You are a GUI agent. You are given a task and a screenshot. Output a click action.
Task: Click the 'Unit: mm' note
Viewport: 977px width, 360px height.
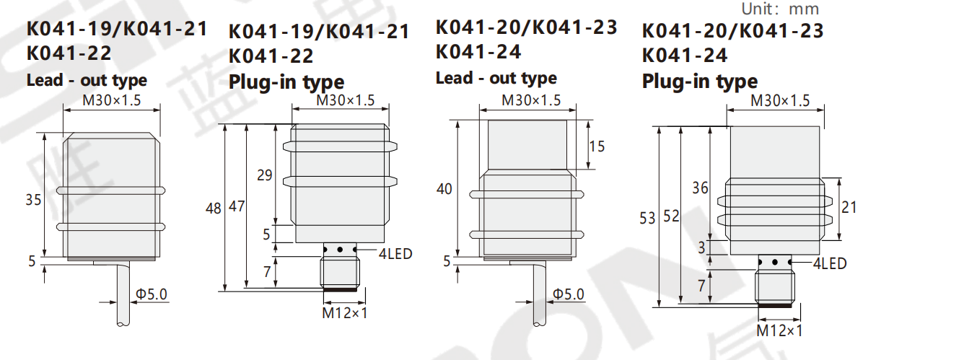(x=780, y=9)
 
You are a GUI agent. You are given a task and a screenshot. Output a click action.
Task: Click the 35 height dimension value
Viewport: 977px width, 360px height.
(x=33, y=200)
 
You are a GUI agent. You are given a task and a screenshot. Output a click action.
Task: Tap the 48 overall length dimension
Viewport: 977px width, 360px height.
(x=214, y=208)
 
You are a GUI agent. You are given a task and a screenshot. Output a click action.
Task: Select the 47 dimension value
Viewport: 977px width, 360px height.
(x=237, y=206)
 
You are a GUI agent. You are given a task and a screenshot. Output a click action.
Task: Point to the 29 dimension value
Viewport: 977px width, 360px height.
(x=264, y=175)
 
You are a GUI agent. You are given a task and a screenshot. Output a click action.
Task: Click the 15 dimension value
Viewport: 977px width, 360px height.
(x=597, y=146)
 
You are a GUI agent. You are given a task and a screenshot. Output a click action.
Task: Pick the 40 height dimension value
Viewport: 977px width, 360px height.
(x=444, y=189)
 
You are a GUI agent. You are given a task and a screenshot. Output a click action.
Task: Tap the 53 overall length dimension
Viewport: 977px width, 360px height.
(x=647, y=218)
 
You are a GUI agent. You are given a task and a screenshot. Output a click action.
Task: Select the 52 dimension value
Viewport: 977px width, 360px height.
(x=671, y=216)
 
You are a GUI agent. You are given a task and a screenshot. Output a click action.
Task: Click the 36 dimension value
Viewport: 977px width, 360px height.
(x=700, y=188)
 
